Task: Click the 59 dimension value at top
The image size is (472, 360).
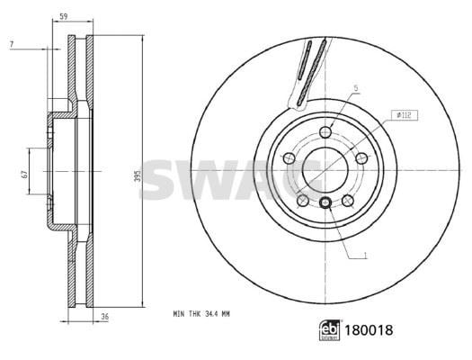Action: coord(63,16)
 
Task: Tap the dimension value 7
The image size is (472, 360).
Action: coord(12,44)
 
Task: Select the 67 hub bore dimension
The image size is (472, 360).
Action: coord(24,174)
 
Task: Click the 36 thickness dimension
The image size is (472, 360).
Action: coord(104,317)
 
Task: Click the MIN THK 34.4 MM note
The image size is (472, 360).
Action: coord(201,314)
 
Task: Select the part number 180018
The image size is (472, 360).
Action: coord(369,330)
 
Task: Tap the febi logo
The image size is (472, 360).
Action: coord(329,330)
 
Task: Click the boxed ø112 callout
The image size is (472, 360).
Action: coord(405,115)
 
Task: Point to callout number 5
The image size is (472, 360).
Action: coord(356,88)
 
